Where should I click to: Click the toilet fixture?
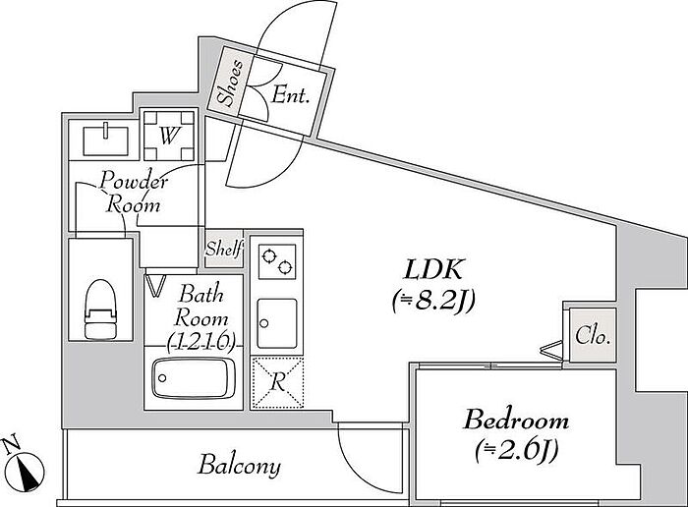click(x=100, y=308)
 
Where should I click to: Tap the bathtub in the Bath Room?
click(x=193, y=377)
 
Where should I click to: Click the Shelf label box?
click(x=223, y=250)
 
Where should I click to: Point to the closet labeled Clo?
click(x=591, y=335)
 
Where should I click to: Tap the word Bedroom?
click(x=516, y=422)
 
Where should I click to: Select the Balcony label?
click(x=239, y=466)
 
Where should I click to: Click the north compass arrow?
click(x=30, y=471)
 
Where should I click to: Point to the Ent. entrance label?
click(x=292, y=96)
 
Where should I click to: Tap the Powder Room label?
click(x=134, y=193)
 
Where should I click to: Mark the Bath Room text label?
click(x=201, y=306)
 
